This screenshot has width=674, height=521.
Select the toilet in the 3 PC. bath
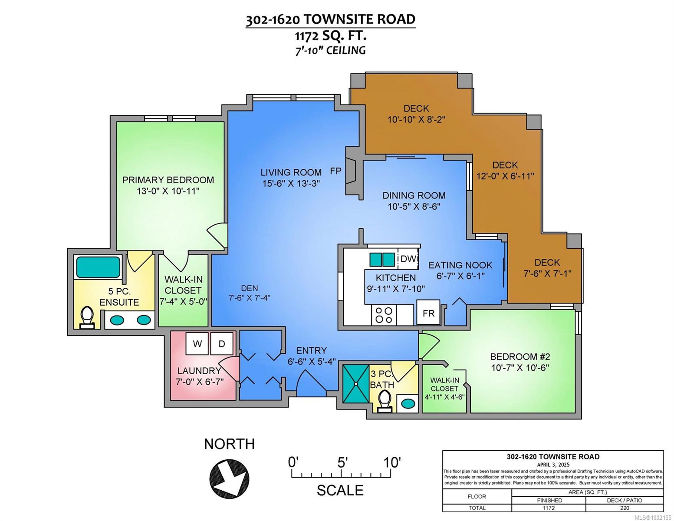(385, 401)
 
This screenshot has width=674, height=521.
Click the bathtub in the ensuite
(99, 267)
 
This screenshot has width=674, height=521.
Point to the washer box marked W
(197, 343)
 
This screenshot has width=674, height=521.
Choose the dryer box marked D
(222, 343)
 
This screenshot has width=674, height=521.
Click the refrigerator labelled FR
(428, 313)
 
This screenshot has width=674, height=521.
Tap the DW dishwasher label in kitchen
(408, 259)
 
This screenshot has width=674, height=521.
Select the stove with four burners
(384, 315)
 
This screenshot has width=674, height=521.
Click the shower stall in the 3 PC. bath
(356, 384)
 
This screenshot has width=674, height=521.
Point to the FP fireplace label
(335, 171)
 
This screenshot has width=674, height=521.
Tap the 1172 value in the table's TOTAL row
(549, 508)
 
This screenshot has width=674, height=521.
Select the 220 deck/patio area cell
(625, 508)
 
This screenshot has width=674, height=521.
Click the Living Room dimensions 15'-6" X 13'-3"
(291, 183)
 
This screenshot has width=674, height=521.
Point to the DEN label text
(250, 288)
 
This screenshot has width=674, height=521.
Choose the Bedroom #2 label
(520, 356)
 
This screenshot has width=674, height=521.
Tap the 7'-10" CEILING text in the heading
(330, 50)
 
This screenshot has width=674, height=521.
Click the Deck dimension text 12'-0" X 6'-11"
(505, 176)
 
